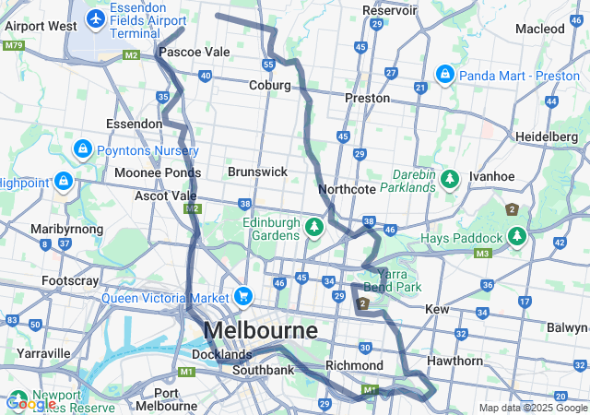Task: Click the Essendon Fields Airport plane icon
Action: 95,18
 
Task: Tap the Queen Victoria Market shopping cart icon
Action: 243,296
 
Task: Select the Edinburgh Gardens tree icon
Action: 314,226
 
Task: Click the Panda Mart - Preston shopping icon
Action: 444,72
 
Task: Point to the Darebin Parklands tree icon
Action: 450,178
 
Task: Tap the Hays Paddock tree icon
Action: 516,237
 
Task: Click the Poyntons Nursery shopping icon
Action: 82,148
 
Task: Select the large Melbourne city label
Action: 260,330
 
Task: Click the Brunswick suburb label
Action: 257,172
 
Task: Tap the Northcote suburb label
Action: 347,189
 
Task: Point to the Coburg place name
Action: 269,85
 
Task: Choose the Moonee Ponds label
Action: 158,172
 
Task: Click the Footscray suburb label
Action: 71,279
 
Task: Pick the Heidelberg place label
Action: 547,136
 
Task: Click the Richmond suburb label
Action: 353,365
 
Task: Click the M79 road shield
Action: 14,45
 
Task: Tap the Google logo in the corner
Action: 29,403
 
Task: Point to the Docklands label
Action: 221,354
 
